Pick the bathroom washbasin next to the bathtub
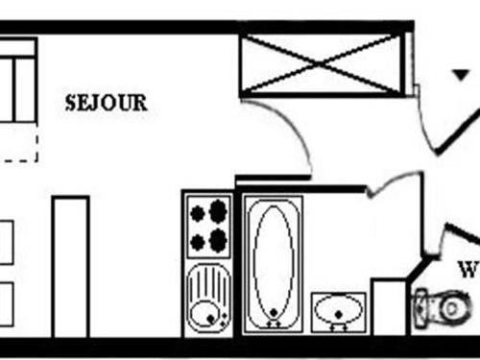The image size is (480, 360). coord(338,311)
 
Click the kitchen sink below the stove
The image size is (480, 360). coord(207,298)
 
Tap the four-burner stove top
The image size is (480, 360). coord(208,226)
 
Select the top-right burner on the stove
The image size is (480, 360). coord(219,212)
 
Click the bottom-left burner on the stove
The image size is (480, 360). coord(198,240)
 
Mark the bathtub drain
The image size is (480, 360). coord(274,312)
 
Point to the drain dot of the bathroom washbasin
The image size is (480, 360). coord(338,319)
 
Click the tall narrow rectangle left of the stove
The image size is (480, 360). coord(70,266)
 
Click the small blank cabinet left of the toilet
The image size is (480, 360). coord(389,306)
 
